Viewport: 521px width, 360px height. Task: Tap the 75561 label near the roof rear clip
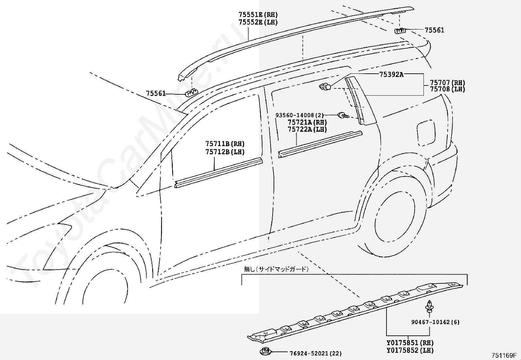point(434,30)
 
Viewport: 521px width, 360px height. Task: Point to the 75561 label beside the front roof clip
point(156,94)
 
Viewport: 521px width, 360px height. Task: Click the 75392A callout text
point(391,74)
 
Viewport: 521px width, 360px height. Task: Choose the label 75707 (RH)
point(447,83)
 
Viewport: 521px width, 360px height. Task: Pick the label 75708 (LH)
point(447,89)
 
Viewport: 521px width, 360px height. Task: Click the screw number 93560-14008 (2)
point(299,115)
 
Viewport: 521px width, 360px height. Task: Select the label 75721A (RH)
point(307,122)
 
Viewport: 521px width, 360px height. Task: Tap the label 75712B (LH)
point(225,152)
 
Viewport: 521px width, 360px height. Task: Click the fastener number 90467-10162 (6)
point(435,322)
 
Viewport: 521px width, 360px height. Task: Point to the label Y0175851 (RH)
point(410,343)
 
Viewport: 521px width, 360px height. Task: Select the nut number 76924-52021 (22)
point(315,353)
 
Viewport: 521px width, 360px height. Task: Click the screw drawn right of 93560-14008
point(343,115)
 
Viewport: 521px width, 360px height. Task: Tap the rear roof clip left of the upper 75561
point(400,31)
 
